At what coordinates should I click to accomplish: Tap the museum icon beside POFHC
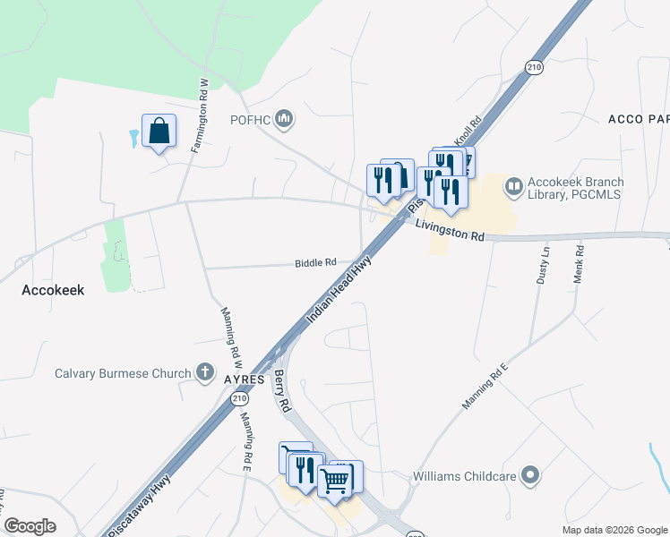coord(284,118)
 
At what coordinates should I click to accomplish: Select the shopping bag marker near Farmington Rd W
coord(159,132)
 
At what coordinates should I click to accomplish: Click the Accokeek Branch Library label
coord(576,188)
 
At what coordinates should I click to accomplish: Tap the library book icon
coord(514,187)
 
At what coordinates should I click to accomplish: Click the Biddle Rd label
coord(315,263)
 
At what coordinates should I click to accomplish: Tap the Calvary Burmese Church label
coord(123,373)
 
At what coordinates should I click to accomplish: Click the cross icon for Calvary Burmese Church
coord(205,372)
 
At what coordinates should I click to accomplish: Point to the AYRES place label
coord(244,379)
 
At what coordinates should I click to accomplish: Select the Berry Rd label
coord(283,391)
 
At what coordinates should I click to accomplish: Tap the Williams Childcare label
coord(464,476)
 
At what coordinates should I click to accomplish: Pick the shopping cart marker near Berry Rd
coord(336,480)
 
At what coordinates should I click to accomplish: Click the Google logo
coord(30,526)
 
